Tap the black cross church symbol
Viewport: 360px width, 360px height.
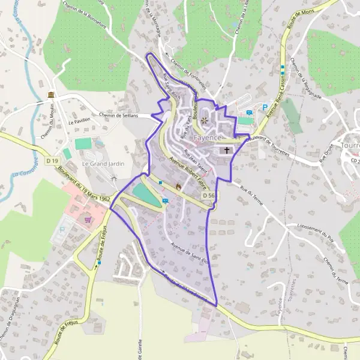[227, 150]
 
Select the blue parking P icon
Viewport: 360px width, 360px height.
[265, 109]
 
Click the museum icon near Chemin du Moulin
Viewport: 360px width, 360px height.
[52, 96]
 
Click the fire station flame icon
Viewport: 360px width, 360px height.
[178, 187]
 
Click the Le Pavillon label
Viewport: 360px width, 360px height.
[79, 122]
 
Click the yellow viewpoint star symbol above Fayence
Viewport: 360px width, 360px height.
[205, 121]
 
